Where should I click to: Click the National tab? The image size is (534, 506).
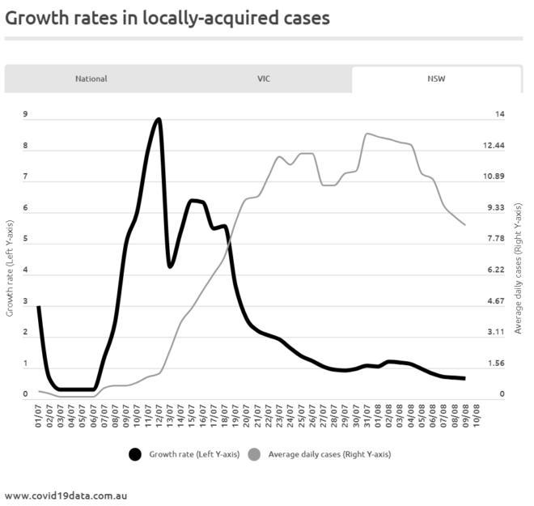pyautogui.click(x=91, y=79)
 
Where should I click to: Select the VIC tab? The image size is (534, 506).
pyautogui.click(x=264, y=79)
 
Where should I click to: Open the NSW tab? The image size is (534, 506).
pyautogui.click(x=437, y=79)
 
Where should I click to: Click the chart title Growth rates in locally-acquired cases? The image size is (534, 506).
pyautogui.click(x=167, y=17)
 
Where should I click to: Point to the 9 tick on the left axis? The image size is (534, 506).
pyautogui.click(x=25, y=115)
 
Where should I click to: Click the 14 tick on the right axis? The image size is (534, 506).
pyautogui.click(x=500, y=115)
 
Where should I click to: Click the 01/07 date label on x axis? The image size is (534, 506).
pyautogui.click(x=39, y=415)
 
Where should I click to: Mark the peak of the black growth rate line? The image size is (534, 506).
pyautogui.click(x=159, y=119)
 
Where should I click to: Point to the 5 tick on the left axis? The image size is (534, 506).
pyautogui.click(x=25, y=240)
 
